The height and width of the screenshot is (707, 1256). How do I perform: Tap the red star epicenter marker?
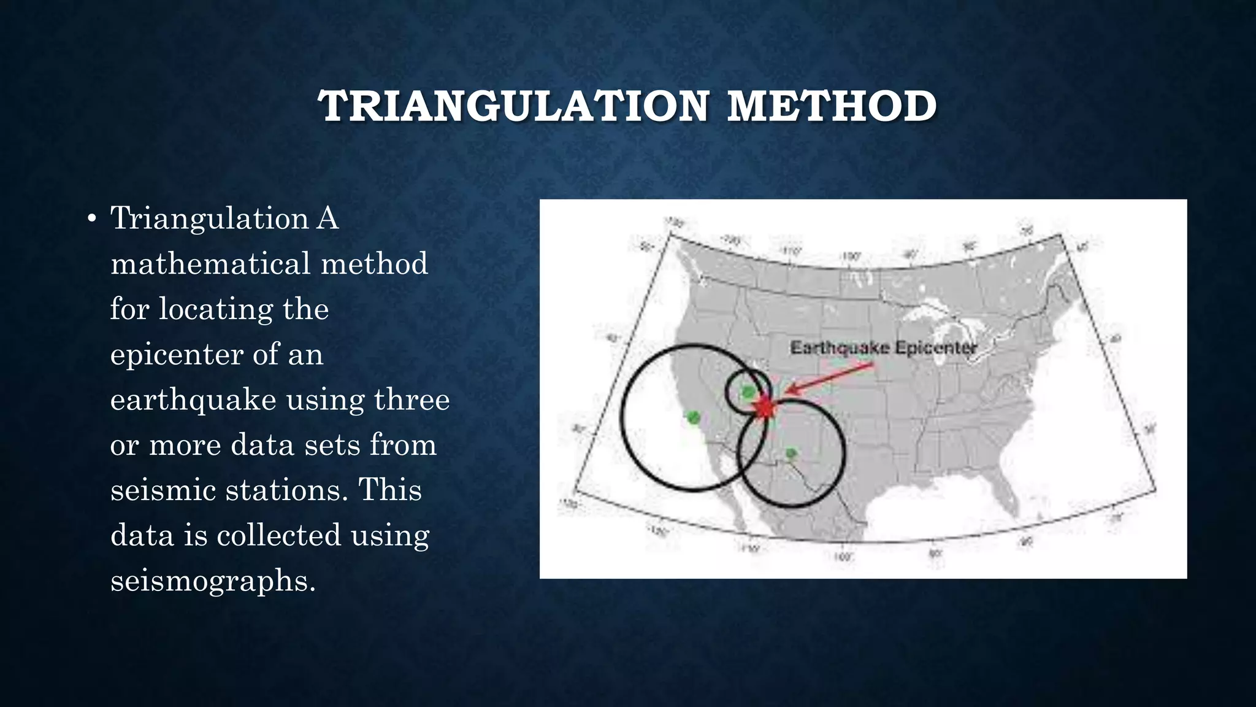tap(764, 408)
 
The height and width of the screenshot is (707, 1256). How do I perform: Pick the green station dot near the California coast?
tap(693, 418)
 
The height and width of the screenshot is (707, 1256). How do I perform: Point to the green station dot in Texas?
tap(791, 454)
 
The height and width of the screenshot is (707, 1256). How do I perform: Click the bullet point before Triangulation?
tap(91, 219)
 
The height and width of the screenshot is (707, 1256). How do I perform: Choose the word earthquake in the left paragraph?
tap(193, 400)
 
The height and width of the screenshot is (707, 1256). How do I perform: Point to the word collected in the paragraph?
tap(278, 535)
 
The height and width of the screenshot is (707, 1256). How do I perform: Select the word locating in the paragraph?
tap(215, 309)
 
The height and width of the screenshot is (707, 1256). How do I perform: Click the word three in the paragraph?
tap(412, 400)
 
